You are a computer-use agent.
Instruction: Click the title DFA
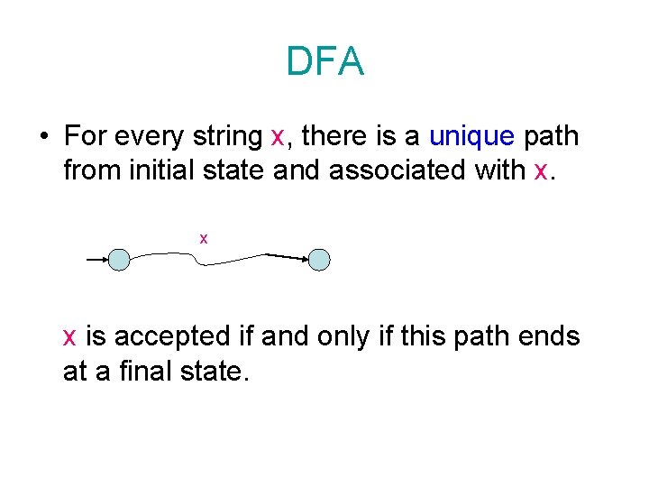324,61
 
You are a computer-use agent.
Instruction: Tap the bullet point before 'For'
42,137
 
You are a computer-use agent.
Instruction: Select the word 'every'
152,137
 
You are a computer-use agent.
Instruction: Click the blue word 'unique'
471,137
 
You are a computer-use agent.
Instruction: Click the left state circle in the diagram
119,260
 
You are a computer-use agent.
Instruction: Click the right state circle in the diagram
319,260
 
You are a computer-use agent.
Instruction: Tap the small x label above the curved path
204,238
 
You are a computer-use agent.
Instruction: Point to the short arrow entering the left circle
96,260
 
